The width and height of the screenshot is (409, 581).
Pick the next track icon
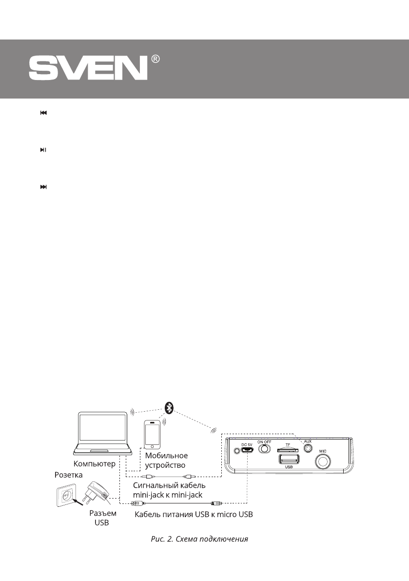[x=43, y=187]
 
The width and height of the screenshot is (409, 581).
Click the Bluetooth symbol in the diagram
[x=169, y=407]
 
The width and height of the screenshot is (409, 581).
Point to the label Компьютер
[x=95, y=464]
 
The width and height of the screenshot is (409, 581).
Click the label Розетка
[x=68, y=474]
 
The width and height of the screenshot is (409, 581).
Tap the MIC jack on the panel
[x=322, y=461]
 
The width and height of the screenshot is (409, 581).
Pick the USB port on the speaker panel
[x=288, y=460]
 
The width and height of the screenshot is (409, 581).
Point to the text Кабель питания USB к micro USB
[x=194, y=515]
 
